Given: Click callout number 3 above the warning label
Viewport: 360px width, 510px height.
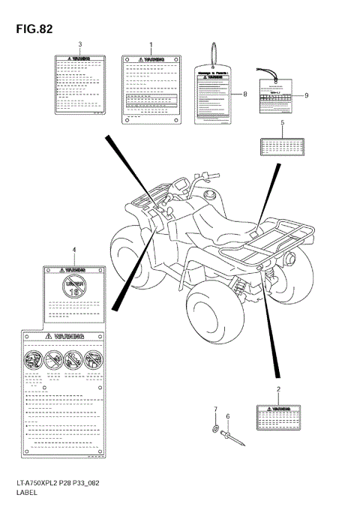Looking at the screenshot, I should [80, 45].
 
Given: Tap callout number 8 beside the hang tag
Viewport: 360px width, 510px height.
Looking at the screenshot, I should [244, 94].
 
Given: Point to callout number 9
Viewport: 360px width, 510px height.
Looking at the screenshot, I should [306, 95].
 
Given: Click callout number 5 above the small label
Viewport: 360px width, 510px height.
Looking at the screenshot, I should [282, 122].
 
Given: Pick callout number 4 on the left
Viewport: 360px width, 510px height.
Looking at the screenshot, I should [73, 249].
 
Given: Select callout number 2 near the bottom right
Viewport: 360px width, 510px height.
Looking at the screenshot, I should [279, 390].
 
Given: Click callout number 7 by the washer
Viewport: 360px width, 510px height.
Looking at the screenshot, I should [215, 409].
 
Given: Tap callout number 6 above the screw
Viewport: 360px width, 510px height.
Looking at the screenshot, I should [229, 416].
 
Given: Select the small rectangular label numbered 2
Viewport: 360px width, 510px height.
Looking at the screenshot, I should [279, 418].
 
